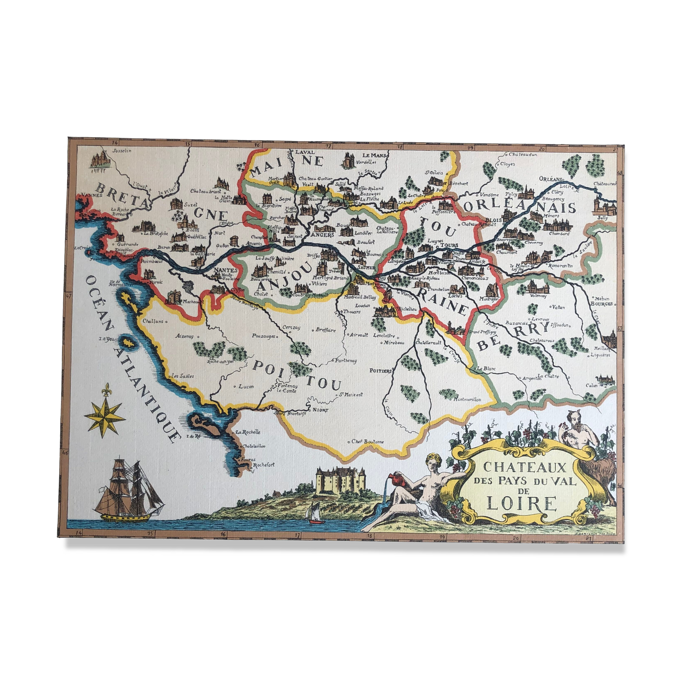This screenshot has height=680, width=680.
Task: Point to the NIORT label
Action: [320, 410]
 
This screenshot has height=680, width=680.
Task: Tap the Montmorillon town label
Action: [469, 400]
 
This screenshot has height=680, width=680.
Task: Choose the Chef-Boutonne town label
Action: [368, 442]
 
